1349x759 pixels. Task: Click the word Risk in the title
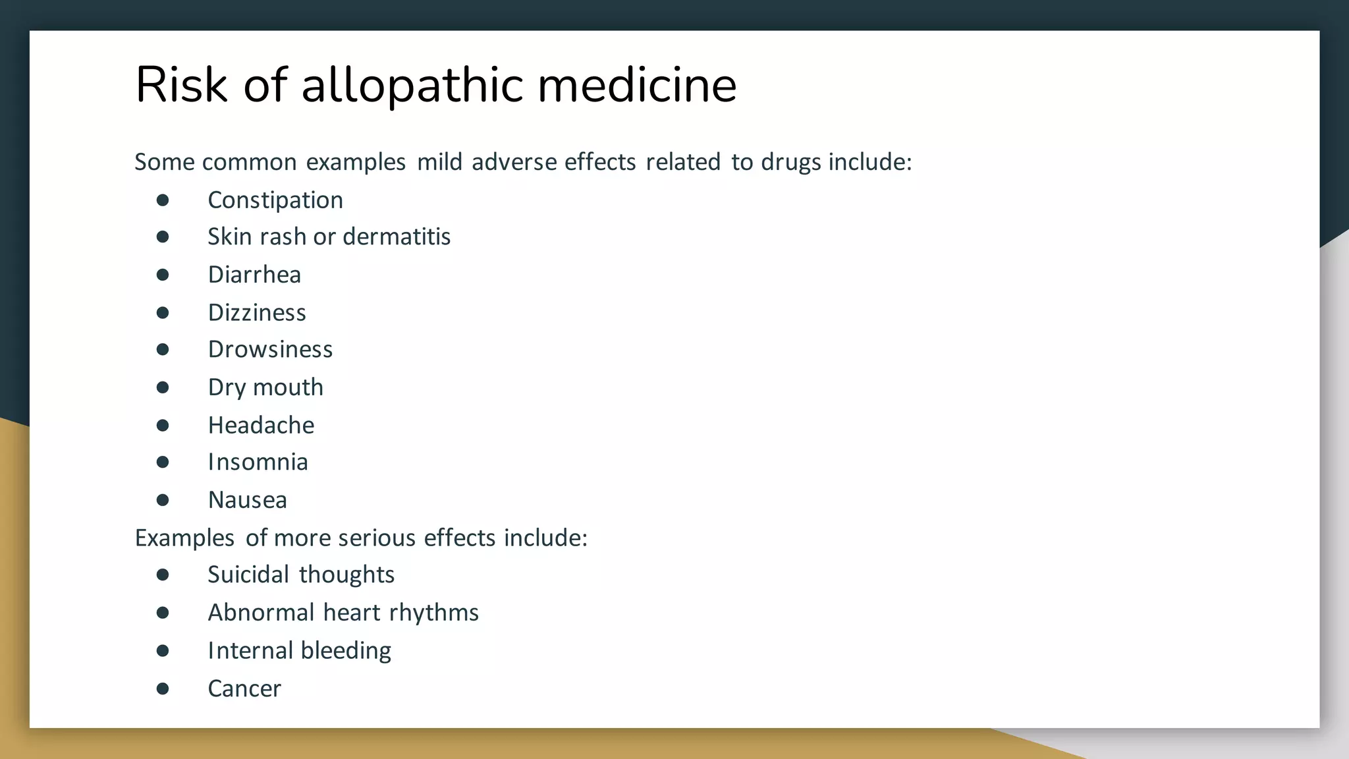point(181,85)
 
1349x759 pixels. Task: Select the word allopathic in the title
point(412,86)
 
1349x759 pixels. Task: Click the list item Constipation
point(275,200)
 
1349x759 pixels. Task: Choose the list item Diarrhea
point(254,275)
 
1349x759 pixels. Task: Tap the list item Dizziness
point(257,312)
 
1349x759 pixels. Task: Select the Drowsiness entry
point(270,349)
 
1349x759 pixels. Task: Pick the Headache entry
point(261,426)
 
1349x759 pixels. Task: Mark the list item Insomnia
point(258,463)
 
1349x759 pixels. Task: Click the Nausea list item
point(247,500)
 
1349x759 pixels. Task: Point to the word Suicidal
point(248,575)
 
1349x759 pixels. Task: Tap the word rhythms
point(433,613)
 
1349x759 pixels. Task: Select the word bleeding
point(346,651)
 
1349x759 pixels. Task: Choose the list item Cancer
point(244,689)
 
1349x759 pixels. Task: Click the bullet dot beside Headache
point(163,426)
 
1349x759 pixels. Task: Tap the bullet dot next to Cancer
point(163,689)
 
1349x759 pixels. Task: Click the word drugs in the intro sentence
point(790,162)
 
